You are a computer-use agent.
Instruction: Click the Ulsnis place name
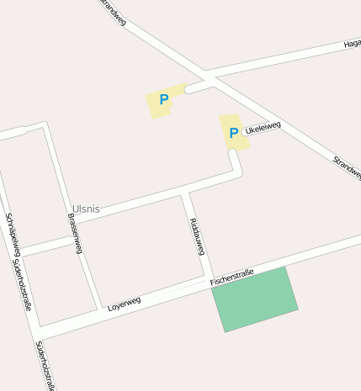click(x=86, y=209)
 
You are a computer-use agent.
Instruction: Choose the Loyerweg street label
click(x=124, y=303)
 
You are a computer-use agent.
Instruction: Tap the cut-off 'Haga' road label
click(x=352, y=44)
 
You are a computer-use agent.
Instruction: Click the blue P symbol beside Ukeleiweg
click(x=234, y=133)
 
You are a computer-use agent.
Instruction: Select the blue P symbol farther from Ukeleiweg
click(x=164, y=100)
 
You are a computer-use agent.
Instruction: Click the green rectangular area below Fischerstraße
click(x=255, y=299)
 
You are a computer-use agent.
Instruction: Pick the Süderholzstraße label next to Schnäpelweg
click(x=23, y=286)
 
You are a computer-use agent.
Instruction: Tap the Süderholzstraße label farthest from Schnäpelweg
click(x=46, y=367)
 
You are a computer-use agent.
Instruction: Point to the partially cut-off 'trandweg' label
click(x=112, y=12)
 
